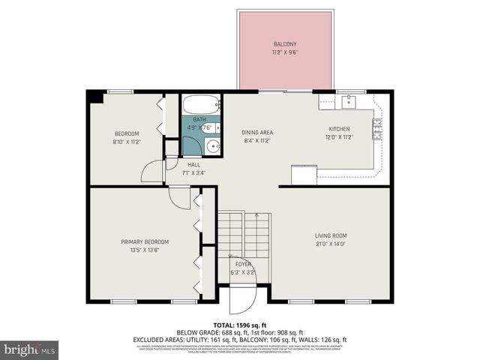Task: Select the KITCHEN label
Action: (x=340, y=129)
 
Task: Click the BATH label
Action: (x=199, y=119)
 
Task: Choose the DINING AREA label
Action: (x=257, y=132)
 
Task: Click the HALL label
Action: (x=193, y=164)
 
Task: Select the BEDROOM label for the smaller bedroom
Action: (x=126, y=133)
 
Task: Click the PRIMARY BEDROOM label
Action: (x=145, y=241)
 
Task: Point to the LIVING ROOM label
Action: (x=330, y=235)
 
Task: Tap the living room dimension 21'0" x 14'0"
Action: (x=330, y=244)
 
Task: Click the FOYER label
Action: (x=244, y=264)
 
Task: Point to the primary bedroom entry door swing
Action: (x=178, y=196)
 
